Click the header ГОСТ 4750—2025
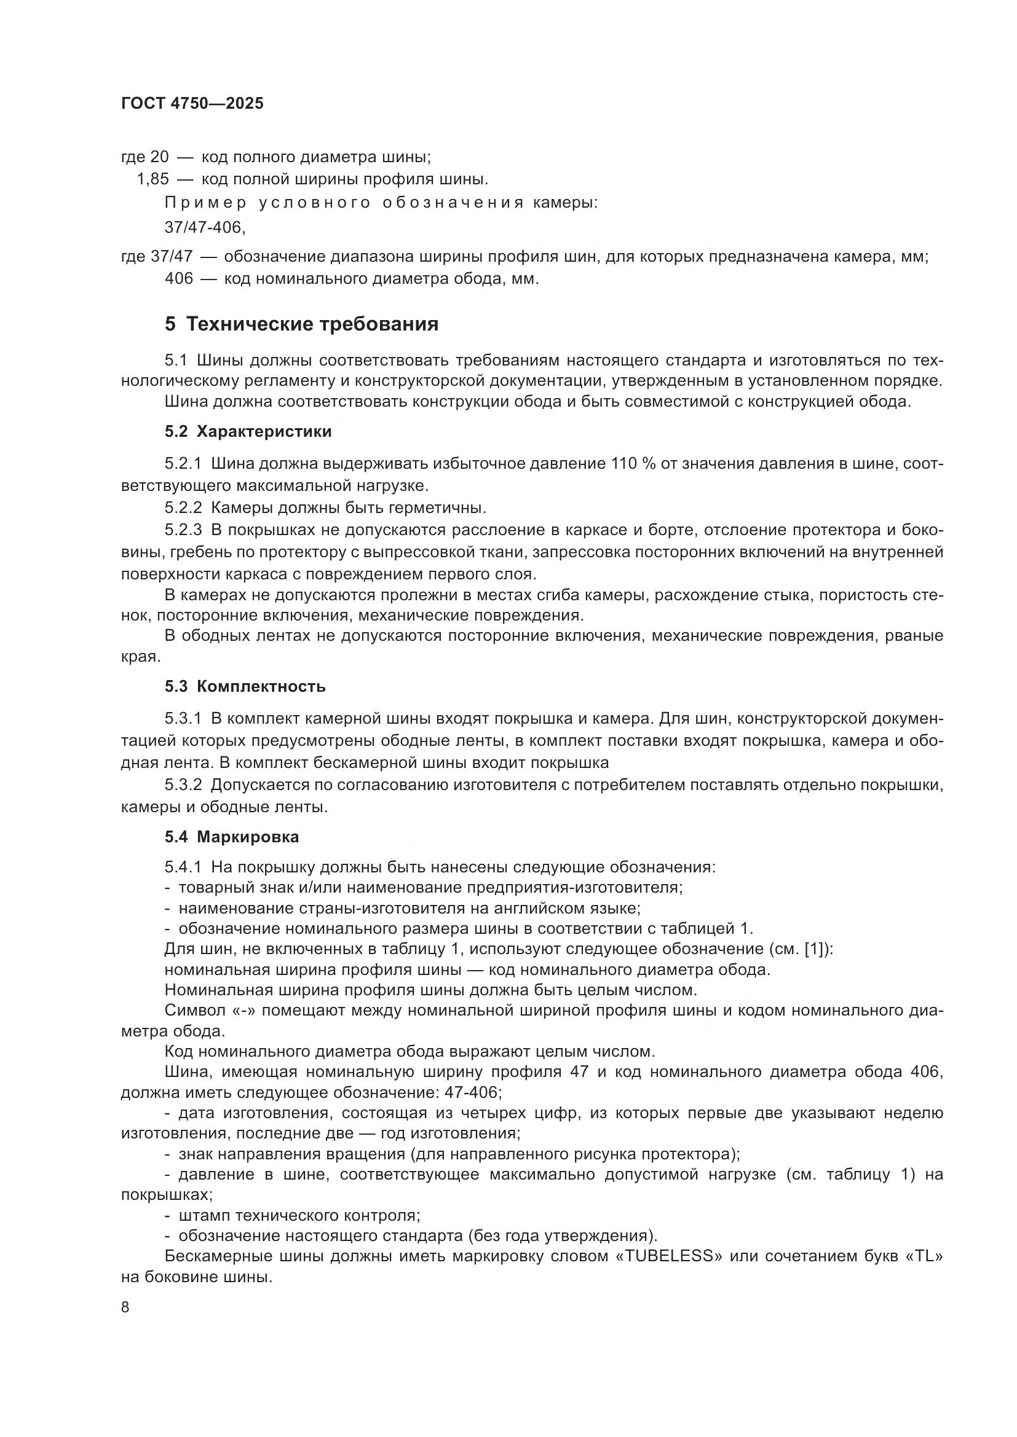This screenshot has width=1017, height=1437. [x=192, y=103]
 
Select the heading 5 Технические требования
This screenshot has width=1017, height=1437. [x=301, y=324]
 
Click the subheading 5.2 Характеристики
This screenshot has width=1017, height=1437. [x=248, y=431]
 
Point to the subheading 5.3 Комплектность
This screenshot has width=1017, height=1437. [x=245, y=686]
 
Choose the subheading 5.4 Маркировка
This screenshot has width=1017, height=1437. [x=232, y=837]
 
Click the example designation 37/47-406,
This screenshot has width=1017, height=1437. [x=205, y=227]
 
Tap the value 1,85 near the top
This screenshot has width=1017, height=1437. [x=153, y=179]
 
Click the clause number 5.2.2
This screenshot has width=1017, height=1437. [x=183, y=507]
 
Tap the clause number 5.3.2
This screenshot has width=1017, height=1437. [x=183, y=785]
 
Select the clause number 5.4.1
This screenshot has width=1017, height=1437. [x=183, y=867]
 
